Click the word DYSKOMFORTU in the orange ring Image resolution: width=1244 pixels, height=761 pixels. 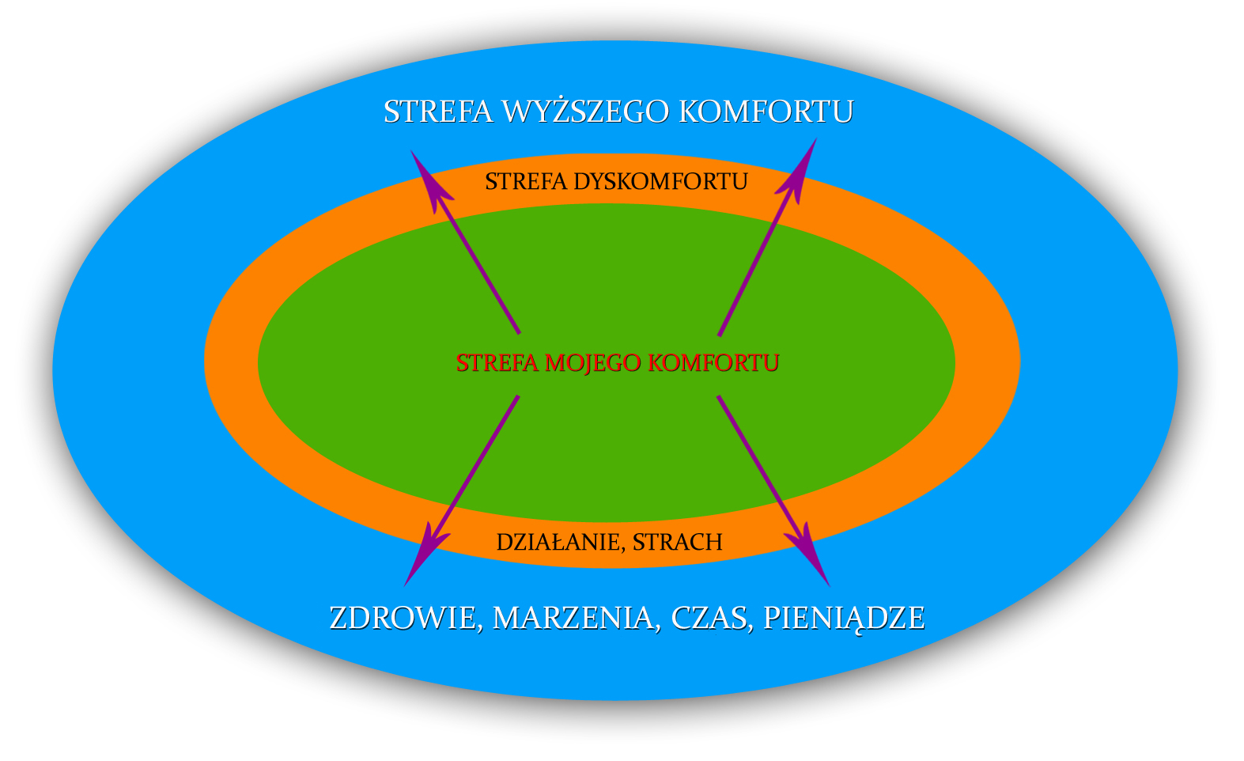(661, 182)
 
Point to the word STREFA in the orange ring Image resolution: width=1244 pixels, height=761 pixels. (526, 182)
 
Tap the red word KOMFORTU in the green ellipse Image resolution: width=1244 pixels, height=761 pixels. (713, 363)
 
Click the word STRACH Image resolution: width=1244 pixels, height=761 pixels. (678, 542)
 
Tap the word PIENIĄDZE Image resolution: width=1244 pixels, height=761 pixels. (844, 619)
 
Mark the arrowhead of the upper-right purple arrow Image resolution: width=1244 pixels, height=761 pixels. (800, 169)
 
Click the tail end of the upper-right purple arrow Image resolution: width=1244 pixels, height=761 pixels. (720, 335)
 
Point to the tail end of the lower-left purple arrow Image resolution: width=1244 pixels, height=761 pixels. (517, 396)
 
